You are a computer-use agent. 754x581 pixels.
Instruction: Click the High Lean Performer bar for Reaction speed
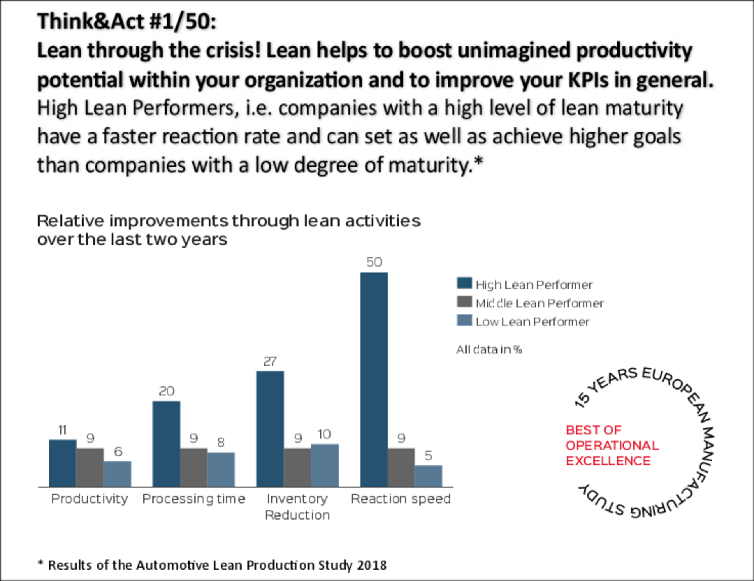tap(373, 379)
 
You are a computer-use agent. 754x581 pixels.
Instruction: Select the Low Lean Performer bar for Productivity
tap(117, 474)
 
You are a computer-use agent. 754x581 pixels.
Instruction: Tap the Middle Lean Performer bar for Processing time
tap(194, 467)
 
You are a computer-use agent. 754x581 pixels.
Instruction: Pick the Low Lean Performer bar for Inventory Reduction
tap(325, 465)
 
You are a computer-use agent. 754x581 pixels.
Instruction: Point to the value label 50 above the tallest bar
tap(374, 262)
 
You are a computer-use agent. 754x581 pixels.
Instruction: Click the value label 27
tap(270, 361)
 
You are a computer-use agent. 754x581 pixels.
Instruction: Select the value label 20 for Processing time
tap(167, 391)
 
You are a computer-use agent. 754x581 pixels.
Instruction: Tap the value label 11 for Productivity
tap(62, 430)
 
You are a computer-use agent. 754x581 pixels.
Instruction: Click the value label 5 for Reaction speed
tap(428, 456)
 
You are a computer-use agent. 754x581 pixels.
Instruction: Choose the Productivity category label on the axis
tap(90, 498)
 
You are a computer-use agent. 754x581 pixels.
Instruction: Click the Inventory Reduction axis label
tap(297, 507)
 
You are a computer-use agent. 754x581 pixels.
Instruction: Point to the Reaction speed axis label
tap(401, 498)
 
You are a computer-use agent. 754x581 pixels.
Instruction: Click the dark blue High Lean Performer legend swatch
tap(464, 283)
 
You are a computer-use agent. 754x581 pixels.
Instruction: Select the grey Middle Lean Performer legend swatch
tap(464, 302)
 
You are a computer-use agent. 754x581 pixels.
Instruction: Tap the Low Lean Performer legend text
tap(532, 322)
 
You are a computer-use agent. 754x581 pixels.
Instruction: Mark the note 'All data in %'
tap(489, 349)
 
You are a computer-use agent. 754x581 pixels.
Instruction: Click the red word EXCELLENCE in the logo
tap(608, 461)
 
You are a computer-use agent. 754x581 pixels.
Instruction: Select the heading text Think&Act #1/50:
tap(126, 22)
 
